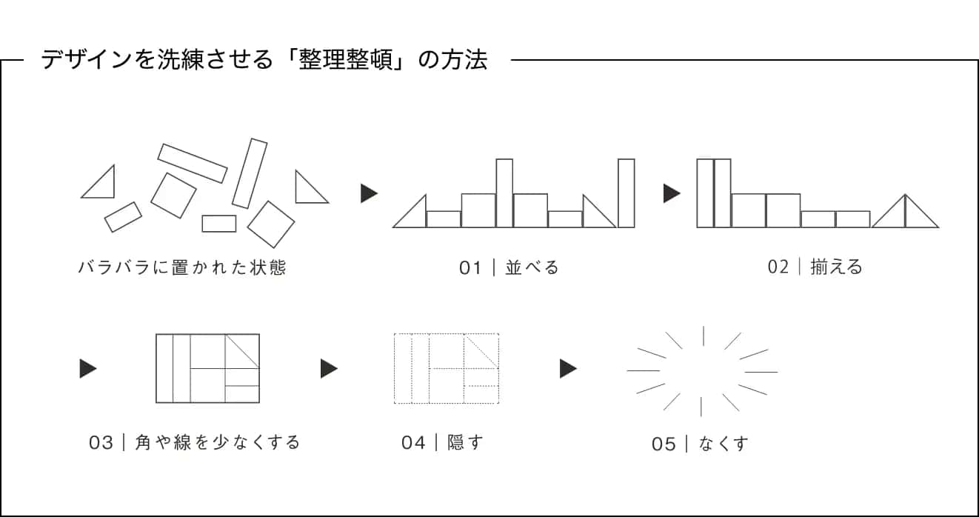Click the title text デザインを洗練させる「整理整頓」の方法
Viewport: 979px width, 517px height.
pyautogui.click(x=264, y=60)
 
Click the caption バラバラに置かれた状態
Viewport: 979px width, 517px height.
pyautogui.click(x=182, y=267)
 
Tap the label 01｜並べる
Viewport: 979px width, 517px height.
pyautogui.click(x=509, y=267)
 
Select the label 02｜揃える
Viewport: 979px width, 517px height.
pyautogui.click(x=815, y=267)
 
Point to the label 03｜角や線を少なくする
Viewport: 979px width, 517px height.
pyautogui.click(x=195, y=443)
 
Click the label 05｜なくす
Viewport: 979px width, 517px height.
pyautogui.click(x=700, y=444)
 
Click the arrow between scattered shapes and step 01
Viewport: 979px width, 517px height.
pyautogui.click(x=368, y=194)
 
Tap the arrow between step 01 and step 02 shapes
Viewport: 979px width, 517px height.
pyautogui.click(x=671, y=194)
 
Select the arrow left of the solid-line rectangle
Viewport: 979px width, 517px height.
pyautogui.click(x=87, y=368)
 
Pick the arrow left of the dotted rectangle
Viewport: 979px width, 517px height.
pyautogui.click(x=328, y=368)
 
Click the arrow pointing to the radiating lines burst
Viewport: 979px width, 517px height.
pyautogui.click(x=567, y=368)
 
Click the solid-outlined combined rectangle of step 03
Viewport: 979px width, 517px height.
pyautogui.click(x=207, y=368)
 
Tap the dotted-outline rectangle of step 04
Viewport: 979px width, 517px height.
pyautogui.click(x=446, y=368)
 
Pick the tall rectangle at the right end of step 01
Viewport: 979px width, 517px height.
pyautogui.click(x=627, y=193)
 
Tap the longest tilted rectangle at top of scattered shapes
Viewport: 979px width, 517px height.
pyautogui.click(x=192, y=163)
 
